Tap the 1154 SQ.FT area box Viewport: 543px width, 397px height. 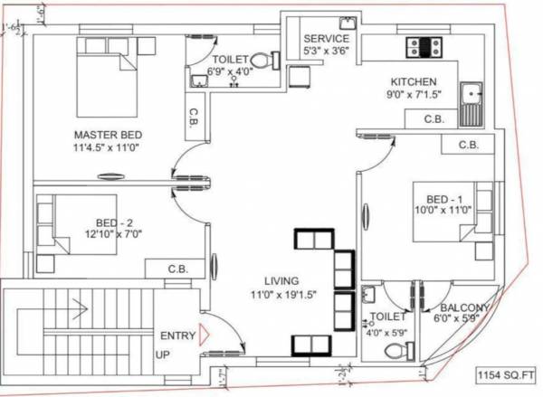(508, 373)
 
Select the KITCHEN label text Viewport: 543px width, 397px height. (414, 81)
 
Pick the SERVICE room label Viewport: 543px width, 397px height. (326, 39)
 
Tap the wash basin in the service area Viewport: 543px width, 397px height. (347, 23)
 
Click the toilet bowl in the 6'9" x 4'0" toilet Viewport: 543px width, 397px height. (262, 61)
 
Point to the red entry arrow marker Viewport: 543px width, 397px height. (205, 336)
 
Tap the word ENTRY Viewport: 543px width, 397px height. (177, 336)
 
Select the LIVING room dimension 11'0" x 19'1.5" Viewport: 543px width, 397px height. (290, 294)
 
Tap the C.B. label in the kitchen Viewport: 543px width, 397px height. (433, 119)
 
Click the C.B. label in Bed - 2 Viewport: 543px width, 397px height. (178, 269)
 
